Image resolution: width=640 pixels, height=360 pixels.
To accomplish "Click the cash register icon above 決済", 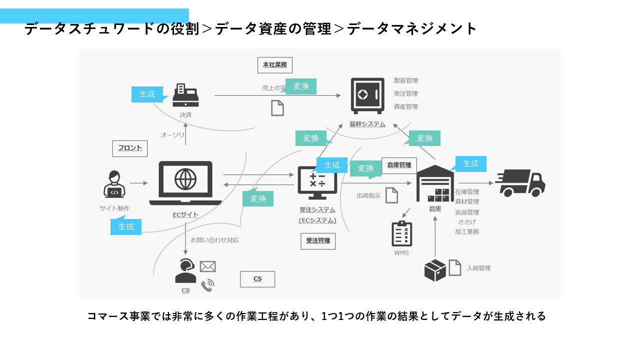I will click(185, 95).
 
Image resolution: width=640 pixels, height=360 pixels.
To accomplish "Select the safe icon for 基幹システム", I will click(364, 95).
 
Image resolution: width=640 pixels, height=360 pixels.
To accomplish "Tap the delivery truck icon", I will click(520, 183).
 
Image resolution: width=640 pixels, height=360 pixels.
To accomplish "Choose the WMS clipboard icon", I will click(401, 233).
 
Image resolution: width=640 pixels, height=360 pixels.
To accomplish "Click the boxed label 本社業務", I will click(275, 65).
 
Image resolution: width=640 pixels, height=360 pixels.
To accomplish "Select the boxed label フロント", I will click(130, 148).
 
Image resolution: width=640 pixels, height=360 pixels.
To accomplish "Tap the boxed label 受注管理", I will click(318, 240).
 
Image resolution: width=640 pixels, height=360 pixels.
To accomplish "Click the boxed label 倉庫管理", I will click(399, 165).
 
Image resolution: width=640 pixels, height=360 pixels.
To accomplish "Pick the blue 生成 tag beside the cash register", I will click(147, 94).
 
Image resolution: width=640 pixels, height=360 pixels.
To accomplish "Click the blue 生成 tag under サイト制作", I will click(126, 226).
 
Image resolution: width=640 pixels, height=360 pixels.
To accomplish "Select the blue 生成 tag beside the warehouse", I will click(470, 164).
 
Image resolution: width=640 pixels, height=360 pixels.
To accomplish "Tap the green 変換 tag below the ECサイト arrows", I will click(258, 198).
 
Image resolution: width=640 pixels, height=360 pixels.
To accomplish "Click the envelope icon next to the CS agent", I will click(207, 266).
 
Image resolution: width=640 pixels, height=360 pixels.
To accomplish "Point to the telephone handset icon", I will click(207, 285).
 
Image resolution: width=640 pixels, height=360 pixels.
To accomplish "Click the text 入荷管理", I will click(478, 268).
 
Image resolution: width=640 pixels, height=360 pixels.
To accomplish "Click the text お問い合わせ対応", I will click(214, 240).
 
